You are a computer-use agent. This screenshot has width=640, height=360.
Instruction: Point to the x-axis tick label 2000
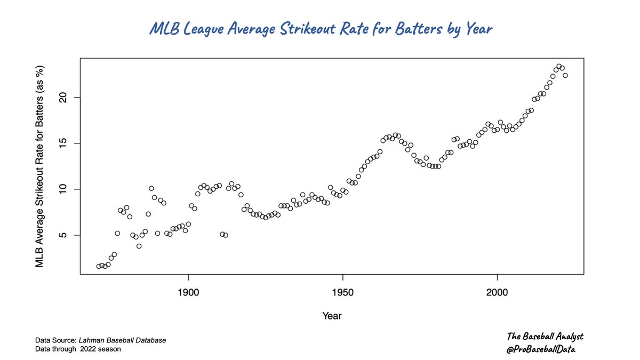(x=497, y=292)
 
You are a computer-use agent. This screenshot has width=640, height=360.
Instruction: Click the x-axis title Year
(x=332, y=316)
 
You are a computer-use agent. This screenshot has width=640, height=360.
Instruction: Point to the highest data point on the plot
(x=559, y=67)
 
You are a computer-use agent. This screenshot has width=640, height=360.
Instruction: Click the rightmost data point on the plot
(x=565, y=75)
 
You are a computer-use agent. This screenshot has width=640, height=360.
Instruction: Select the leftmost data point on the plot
(x=99, y=266)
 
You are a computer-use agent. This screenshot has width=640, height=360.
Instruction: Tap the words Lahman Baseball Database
(x=122, y=340)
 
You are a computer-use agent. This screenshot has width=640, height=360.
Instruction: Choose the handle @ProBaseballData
(x=541, y=349)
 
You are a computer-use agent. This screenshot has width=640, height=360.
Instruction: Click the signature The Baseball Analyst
(x=545, y=337)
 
